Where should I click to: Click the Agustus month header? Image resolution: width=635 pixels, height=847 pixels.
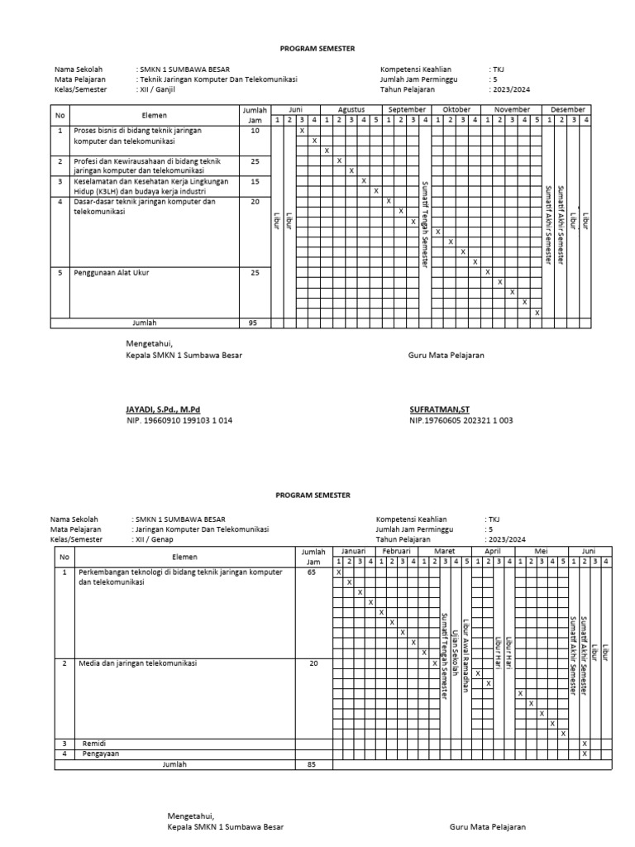(351, 109)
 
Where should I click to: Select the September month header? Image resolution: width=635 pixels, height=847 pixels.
(407, 109)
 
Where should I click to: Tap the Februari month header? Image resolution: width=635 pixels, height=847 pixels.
(396, 550)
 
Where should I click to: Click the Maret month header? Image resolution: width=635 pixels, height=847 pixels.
(444, 550)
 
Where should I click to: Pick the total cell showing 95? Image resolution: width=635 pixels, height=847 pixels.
(255, 323)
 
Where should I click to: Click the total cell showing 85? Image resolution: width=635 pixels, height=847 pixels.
(311, 765)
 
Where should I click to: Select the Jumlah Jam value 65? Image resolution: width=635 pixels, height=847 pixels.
(311, 572)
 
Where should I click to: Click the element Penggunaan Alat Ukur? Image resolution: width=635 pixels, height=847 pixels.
(112, 272)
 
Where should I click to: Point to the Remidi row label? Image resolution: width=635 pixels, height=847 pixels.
(93, 744)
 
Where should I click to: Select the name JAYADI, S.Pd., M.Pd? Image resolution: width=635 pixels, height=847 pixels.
(163, 409)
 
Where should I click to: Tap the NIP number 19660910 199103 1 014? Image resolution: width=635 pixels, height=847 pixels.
(179, 420)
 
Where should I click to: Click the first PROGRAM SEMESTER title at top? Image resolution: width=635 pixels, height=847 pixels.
(317, 49)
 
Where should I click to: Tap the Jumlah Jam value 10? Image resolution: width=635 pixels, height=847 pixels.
(255, 131)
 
